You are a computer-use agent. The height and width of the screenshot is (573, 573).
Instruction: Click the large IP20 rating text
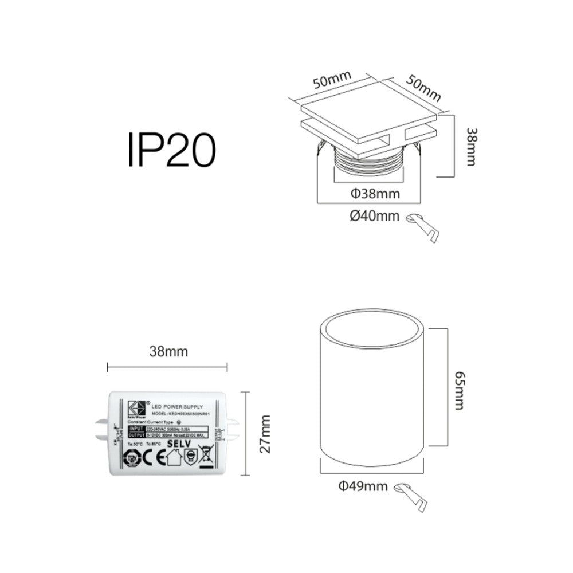[x=171, y=150]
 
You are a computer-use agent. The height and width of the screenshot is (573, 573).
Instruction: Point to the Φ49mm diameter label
[x=363, y=486]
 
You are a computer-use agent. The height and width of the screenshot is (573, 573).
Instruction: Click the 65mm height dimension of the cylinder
[x=459, y=390]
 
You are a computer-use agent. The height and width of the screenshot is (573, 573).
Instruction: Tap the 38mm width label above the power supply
[x=168, y=351]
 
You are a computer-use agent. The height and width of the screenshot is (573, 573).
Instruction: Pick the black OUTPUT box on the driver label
[x=137, y=435]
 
